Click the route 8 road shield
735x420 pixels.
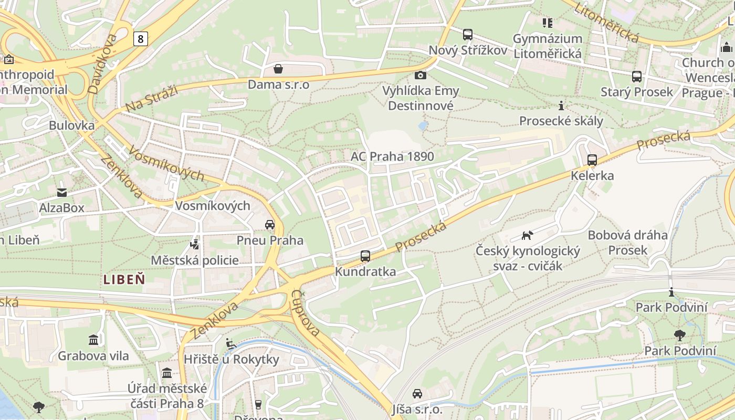point(140,38)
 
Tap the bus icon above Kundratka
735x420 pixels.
point(365,256)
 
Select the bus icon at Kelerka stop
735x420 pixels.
point(592,160)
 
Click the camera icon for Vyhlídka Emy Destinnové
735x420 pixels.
point(420,75)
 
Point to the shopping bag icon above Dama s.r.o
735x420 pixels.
point(278,69)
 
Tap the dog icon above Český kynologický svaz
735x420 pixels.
point(527,235)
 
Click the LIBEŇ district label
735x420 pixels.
point(124,279)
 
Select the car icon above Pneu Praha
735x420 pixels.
point(270,225)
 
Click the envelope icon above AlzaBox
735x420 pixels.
point(62,193)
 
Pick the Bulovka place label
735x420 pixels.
point(71,125)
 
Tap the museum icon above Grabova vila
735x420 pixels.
point(93,340)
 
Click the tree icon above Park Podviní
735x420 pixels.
point(680,335)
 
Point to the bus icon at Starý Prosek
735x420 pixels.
point(637,77)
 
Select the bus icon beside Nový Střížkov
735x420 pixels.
point(467,35)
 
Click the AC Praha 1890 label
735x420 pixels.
point(392,156)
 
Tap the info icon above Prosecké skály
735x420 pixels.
point(561,105)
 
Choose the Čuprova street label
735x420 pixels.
point(306,313)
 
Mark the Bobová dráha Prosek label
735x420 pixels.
point(627,243)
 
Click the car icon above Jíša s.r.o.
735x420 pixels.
point(417,393)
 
